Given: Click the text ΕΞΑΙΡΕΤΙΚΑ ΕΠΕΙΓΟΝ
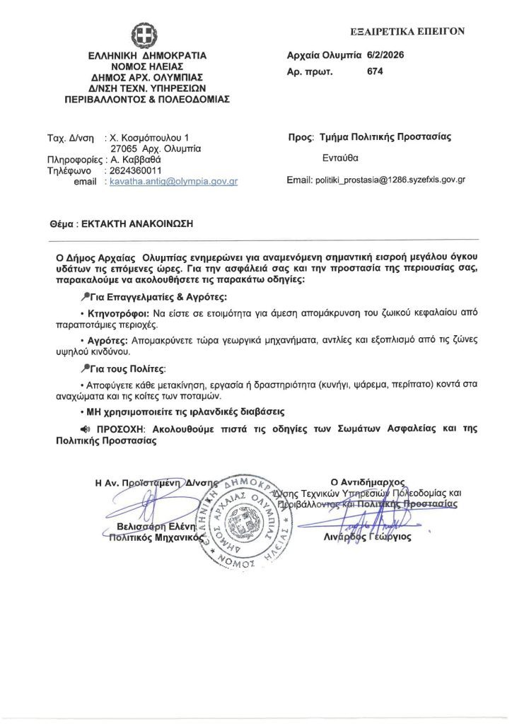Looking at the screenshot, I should (x=408, y=31).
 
